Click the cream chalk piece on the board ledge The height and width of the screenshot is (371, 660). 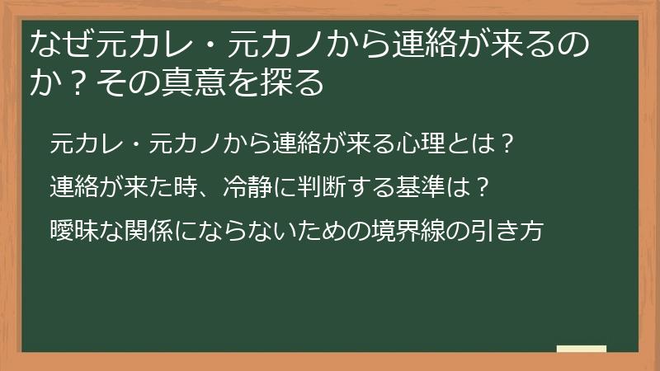point(581,348)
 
